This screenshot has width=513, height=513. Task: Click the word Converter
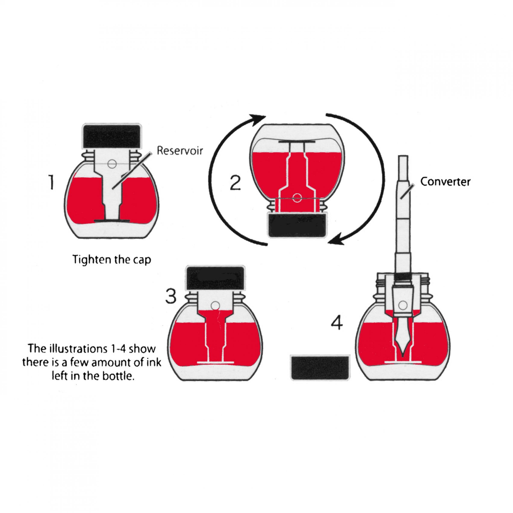coord(445,182)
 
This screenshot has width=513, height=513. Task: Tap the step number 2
coord(235,183)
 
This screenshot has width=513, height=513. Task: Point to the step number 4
coord(337,323)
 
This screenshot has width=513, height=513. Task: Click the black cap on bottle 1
coord(112,136)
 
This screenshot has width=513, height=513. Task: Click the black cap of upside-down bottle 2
coord(297,226)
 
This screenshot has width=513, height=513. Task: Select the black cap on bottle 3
coord(215,278)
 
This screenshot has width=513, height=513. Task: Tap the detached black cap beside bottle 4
coord(320,368)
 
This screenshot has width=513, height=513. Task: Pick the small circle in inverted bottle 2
coord(297,198)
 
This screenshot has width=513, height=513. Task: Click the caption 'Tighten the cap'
coord(112,260)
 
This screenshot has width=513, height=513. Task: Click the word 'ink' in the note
coord(154,363)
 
